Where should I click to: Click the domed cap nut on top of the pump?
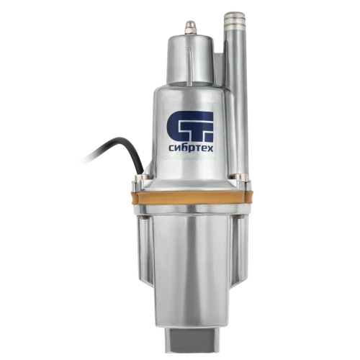[191, 27]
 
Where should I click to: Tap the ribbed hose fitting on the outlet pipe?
[235, 20]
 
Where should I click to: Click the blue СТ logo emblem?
[189, 127]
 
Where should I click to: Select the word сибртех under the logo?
[191, 149]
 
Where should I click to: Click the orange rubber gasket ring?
[191, 197]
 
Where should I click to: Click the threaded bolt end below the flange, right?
[240, 217]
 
